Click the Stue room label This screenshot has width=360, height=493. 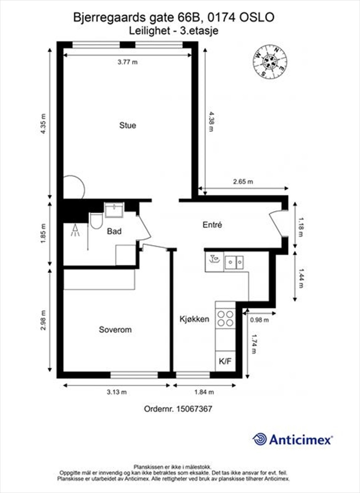tap(128, 125)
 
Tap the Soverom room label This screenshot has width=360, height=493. tap(115, 330)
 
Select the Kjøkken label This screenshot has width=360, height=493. tap(194, 319)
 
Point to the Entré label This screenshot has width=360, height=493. tap(212, 225)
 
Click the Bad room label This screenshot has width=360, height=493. tap(114, 231)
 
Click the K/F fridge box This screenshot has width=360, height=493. tap(225, 361)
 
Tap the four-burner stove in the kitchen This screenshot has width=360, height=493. tap(225, 319)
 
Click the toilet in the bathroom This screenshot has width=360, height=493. tap(96, 221)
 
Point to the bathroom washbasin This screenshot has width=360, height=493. tap(114, 210)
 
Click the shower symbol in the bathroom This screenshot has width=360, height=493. tap(75, 230)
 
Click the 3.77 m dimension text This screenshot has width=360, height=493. tap(128, 62)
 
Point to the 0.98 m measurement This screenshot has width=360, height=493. tap(259, 320)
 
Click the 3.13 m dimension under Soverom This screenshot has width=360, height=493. tap(117, 392)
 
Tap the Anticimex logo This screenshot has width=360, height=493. tap(292, 439)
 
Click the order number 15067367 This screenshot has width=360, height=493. tap(178, 409)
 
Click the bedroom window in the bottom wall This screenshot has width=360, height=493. tap(134, 375)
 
